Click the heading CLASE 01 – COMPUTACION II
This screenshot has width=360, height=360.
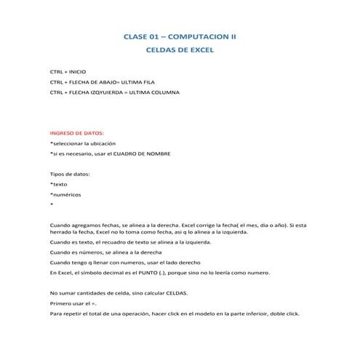pyautogui.click(x=180, y=36)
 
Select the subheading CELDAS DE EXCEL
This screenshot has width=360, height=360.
pyautogui.click(x=180, y=52)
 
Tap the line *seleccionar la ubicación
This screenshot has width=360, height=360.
pyautogui.click(x=82, y=145)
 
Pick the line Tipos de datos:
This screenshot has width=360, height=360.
pyautogui.click(x=69, y=175)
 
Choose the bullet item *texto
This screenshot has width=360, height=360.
pyautogui.click(x=59, y=185)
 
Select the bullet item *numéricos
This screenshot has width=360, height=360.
pyautogui.click(x=65, y=196)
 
